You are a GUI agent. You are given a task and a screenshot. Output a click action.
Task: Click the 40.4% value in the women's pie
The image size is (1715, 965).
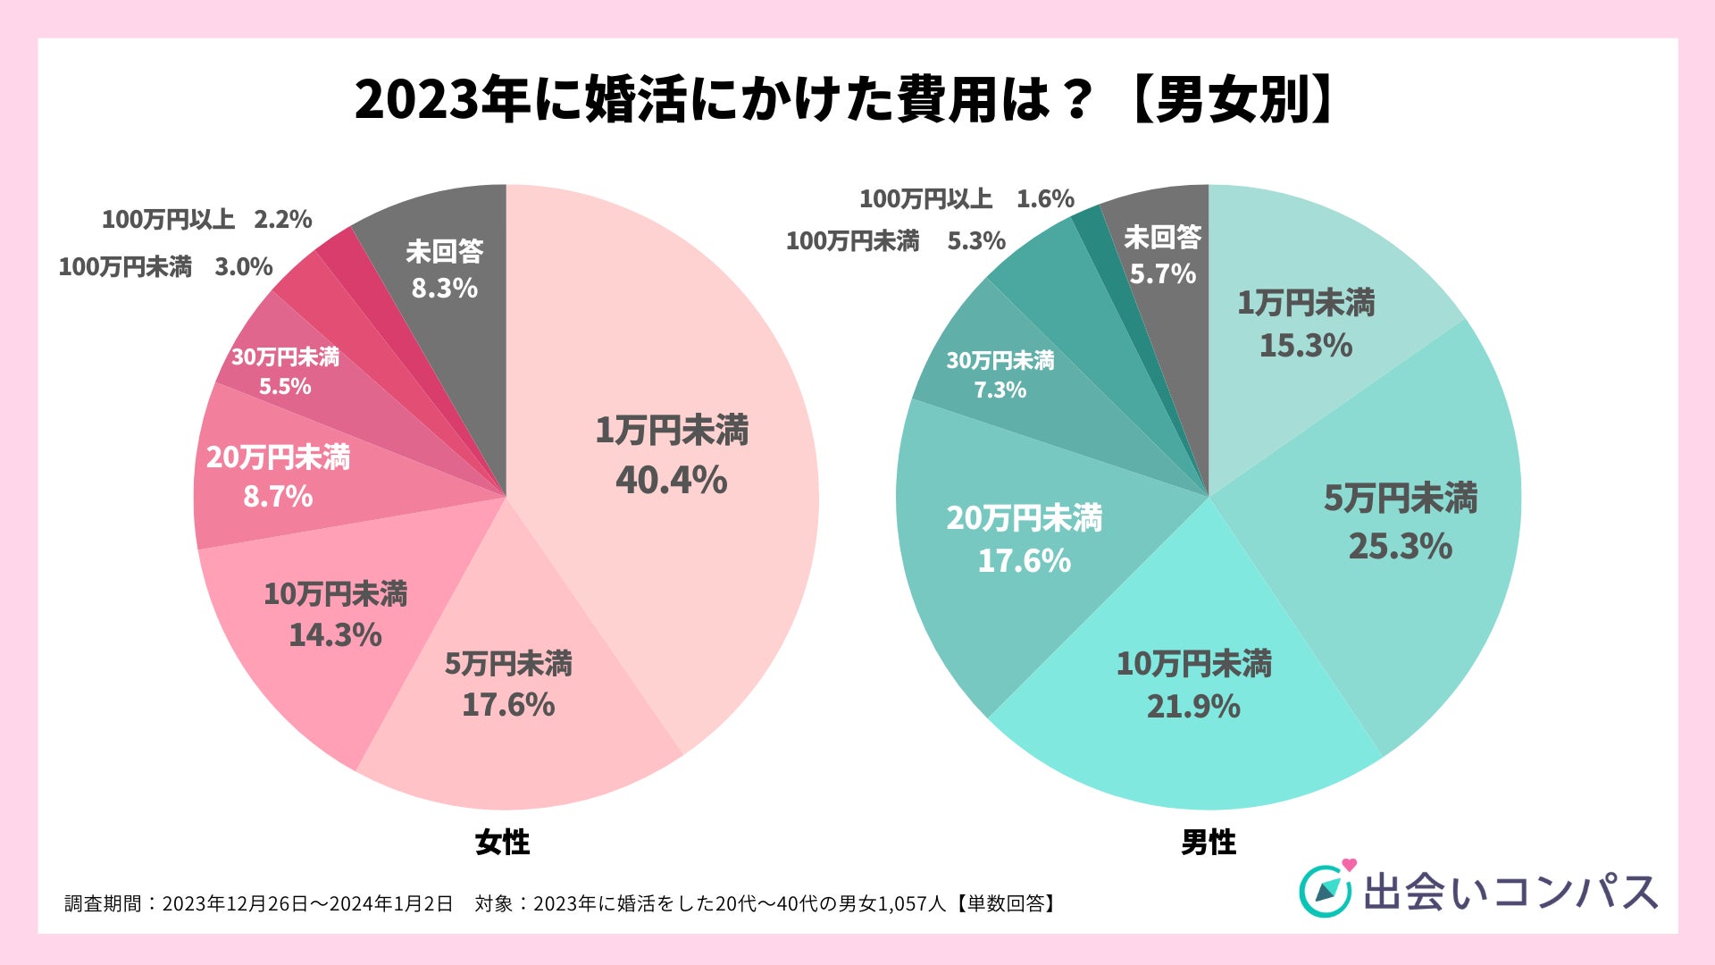(x=671, y=481)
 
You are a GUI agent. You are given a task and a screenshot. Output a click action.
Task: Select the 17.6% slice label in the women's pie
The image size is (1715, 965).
(x=508, y=705)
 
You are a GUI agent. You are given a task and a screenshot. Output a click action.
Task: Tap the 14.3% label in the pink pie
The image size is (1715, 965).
(x=335, y=635)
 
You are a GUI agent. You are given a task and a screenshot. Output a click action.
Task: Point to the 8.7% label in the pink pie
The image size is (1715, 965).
(x=278, y=496)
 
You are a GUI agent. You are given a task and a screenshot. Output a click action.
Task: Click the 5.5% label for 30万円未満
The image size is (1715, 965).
(x=285, y=386)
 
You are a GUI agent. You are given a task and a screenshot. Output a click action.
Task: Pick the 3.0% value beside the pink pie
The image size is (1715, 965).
(x=244, y=267)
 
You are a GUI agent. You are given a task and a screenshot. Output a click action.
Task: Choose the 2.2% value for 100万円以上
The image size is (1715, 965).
(x=283, y=220)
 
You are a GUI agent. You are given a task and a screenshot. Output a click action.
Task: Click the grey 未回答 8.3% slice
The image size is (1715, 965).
(x=444, y=269)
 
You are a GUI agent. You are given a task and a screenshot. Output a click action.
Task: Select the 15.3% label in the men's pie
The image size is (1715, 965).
(x=1305, y=345)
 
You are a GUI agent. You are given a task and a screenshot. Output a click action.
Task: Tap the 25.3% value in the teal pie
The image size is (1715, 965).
(x=1400, y=546)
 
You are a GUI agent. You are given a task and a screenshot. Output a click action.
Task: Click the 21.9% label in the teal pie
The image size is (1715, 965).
(x=1193, y=707)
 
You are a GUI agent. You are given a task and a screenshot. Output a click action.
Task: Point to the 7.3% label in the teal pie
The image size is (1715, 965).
(x=1000, y=390)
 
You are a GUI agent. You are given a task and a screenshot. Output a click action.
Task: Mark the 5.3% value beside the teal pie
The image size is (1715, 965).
(x=976, y=241)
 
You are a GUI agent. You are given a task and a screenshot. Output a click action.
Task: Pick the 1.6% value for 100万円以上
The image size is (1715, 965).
(x=1045, y=199)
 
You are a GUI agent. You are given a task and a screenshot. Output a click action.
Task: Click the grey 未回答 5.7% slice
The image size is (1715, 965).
(x=1162, y=256)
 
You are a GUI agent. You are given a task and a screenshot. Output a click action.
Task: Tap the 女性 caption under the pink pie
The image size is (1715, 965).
(x=502, y=842)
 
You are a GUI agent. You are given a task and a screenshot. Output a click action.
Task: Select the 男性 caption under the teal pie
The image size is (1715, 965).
(x=1209, y=842)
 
